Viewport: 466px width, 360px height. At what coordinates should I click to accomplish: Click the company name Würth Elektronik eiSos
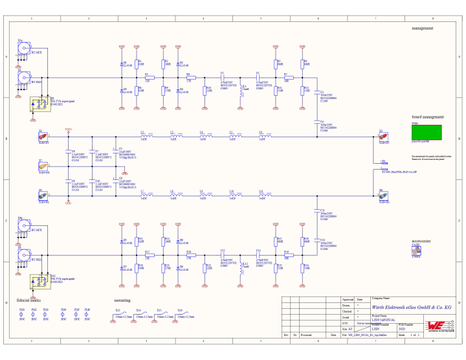coord(403,307)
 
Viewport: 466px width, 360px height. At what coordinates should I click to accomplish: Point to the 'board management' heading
coord(427,117)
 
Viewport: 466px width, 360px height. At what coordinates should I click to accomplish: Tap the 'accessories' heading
coord(421,240)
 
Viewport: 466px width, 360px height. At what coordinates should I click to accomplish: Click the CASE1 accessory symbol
coord(417,251)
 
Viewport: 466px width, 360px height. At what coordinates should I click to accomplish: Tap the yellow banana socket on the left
coord(43,164)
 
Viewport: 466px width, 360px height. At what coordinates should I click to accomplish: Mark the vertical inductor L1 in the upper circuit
coord(241,91)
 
